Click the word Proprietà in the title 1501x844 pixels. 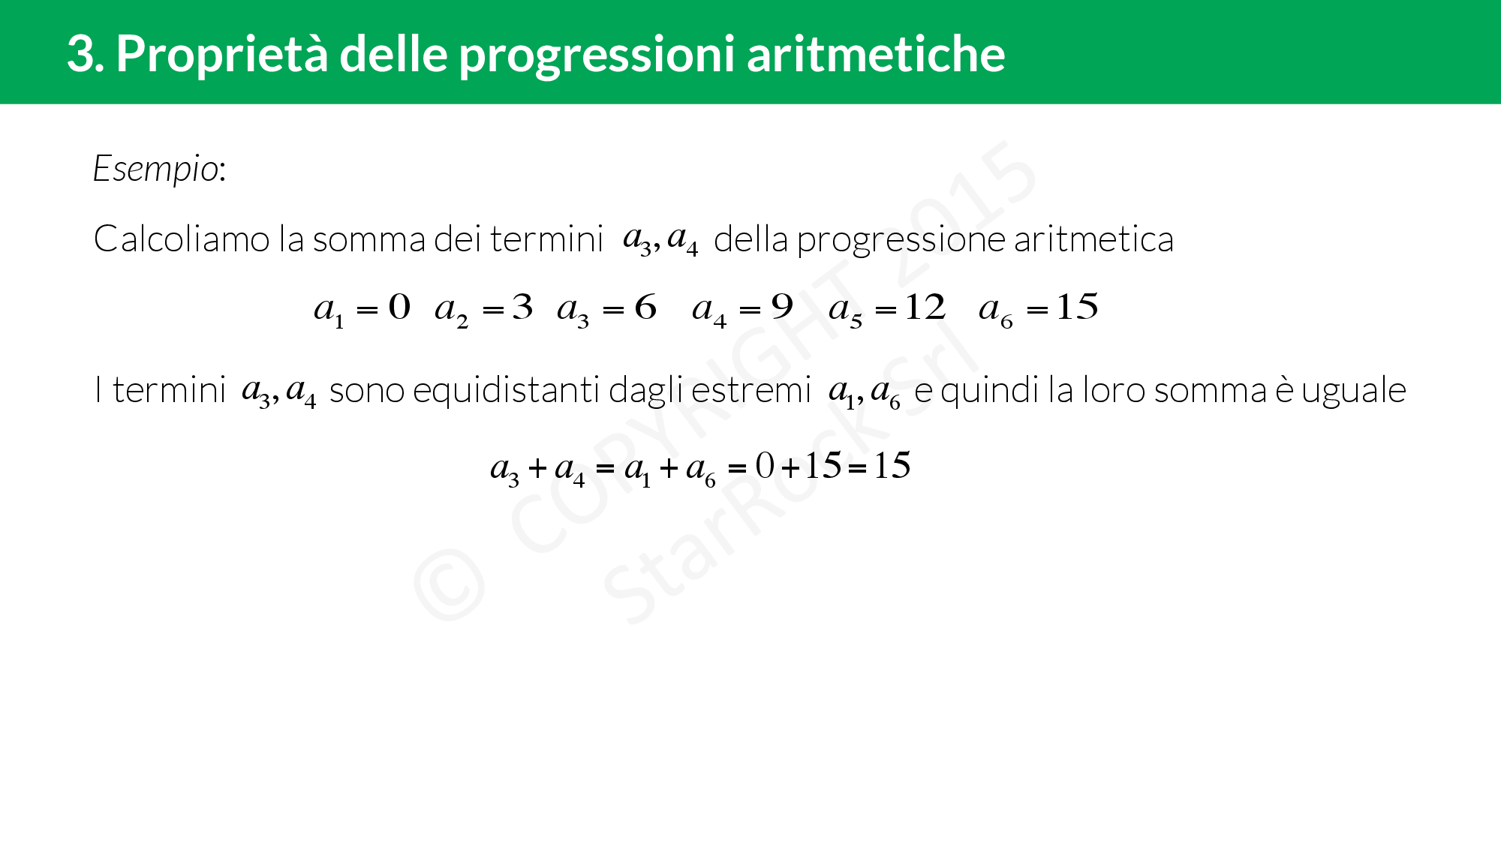[222, 55]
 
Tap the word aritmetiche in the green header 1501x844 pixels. [876, 53]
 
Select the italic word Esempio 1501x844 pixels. [155, 170]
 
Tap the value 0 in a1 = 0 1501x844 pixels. [399, 307]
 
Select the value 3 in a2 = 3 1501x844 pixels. [522, 307]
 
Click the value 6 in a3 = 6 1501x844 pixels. [645, 307]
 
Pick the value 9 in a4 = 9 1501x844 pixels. [782, 307]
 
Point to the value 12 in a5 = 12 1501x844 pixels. [925, 307]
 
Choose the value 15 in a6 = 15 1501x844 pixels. [1078, 307]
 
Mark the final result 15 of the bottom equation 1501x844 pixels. [892, 466]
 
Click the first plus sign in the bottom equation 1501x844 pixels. [537, 469]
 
